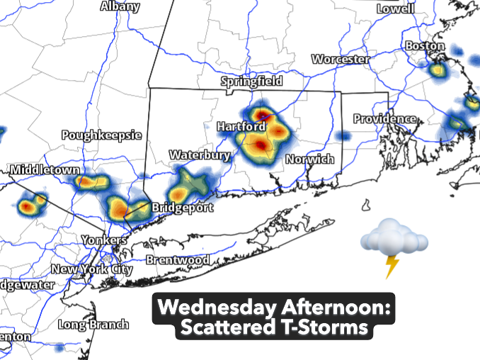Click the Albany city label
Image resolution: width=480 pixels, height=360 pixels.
(x=120, y=6)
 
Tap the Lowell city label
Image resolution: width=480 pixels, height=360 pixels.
(x=395, y=9)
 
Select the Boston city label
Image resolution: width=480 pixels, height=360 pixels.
(x=425, y=46)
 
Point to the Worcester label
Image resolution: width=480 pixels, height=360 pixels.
(x=341, y=60)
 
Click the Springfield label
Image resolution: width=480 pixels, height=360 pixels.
(x=251, y=81)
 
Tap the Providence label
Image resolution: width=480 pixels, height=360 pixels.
(x=384, y=118)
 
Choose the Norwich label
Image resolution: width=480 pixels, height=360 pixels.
(x=309, y=159)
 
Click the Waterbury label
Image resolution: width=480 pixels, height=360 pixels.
(x=200, y=155)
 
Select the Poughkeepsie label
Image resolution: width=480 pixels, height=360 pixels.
(x=101, y=135)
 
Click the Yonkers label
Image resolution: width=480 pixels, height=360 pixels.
(x=104, y=240)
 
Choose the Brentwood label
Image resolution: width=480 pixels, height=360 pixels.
(x=178, y=260)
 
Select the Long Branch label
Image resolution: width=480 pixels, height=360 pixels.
(x=93, y=325)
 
